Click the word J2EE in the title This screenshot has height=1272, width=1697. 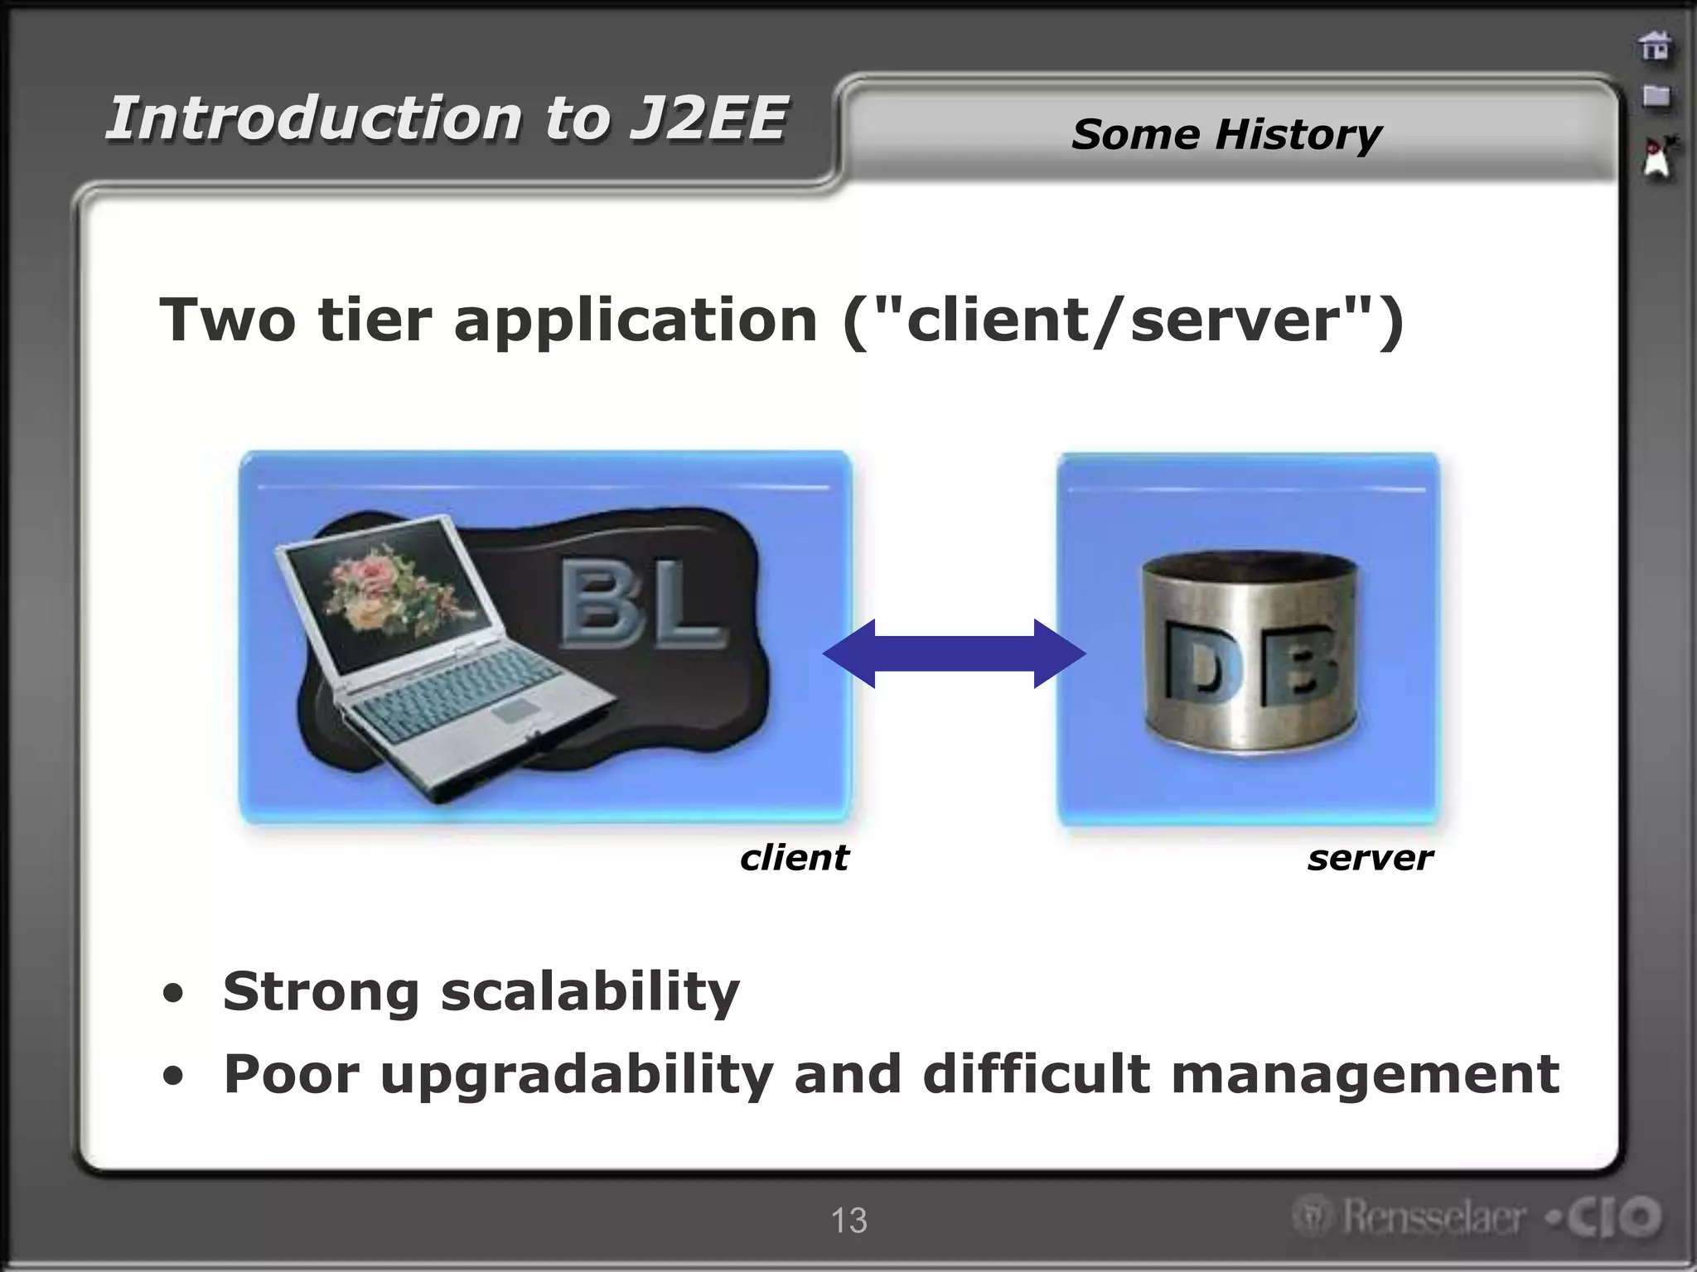[707, 118]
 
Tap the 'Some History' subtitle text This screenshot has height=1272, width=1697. [1226, 134]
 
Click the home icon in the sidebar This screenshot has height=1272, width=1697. [1655, 46]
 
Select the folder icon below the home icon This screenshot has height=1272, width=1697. [1656, 97]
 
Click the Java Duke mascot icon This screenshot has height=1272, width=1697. [1658, 157]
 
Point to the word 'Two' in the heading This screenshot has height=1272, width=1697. [227, 320]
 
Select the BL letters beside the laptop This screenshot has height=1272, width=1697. [642, 604]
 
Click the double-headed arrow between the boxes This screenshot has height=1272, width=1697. [954, 653]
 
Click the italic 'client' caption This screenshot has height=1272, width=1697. [794, 858]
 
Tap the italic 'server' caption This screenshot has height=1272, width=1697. [1370, 858]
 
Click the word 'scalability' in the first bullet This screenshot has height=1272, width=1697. [589, 992]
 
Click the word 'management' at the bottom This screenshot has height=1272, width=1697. [1365, 1075]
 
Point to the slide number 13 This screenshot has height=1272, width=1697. [848, 1221]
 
